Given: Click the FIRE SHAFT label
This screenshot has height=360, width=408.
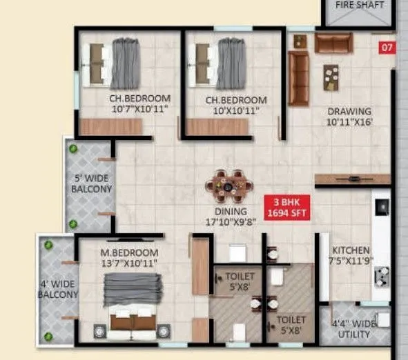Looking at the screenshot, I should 357,6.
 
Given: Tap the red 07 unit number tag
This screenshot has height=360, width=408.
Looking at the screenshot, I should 386,48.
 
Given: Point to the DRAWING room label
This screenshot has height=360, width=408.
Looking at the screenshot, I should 349,111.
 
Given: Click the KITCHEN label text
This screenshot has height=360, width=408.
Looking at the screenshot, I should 351,250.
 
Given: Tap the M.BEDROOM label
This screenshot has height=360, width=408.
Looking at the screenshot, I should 128,253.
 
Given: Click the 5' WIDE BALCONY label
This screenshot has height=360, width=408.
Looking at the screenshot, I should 92,183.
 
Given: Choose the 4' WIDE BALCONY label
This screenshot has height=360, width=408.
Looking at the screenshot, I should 58,288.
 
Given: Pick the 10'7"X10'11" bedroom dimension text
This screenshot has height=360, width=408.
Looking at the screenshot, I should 139,109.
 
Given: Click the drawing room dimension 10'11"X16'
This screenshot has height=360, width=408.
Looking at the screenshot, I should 349,122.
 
